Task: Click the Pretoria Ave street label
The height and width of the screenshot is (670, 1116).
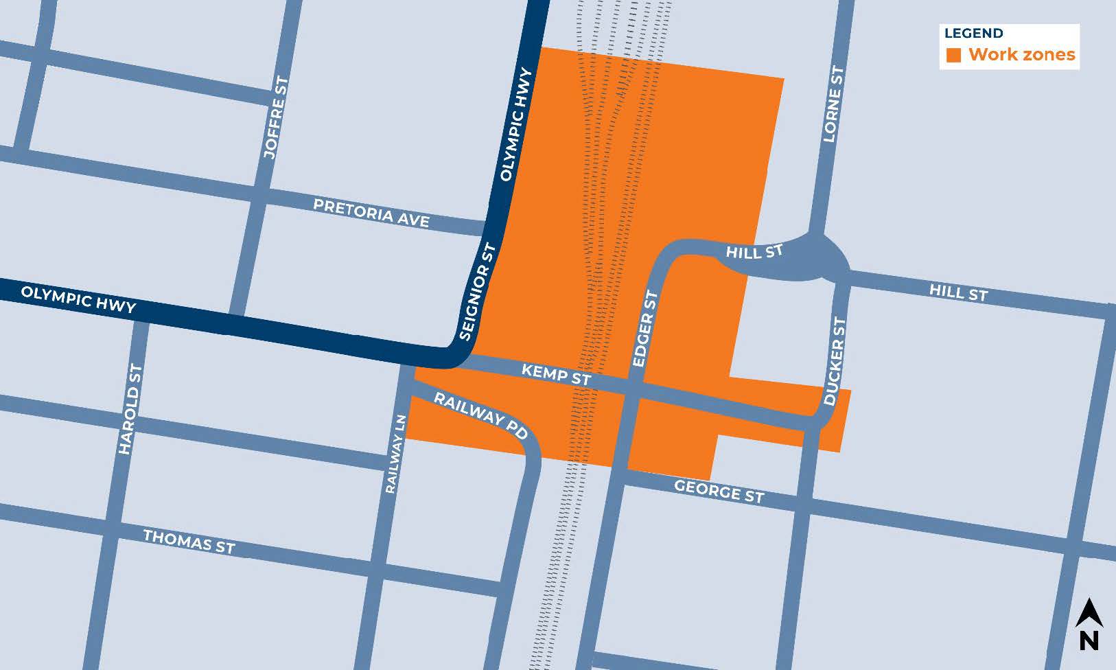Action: click(371, 213)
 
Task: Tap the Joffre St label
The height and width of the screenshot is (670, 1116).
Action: click(276, 118)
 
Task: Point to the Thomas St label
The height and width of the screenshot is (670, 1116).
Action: click(189, 541)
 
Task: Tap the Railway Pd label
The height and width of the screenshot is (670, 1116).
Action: click(481, 415)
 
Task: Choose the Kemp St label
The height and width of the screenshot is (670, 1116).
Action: click(556, 374)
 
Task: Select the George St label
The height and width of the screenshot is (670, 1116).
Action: click(719, 491)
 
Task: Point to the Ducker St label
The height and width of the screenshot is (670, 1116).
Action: click(835, 361)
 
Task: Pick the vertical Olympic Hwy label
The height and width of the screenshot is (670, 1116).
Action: click(517, 124)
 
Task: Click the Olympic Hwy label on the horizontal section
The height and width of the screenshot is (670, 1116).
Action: click(78, 299)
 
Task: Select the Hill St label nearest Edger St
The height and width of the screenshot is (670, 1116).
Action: click(754, 253)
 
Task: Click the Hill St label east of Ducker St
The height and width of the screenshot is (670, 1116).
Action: click(958, 292)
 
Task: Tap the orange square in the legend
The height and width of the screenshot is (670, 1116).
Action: click(953, 56)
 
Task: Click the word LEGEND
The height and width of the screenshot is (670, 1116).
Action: click(973, 33)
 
